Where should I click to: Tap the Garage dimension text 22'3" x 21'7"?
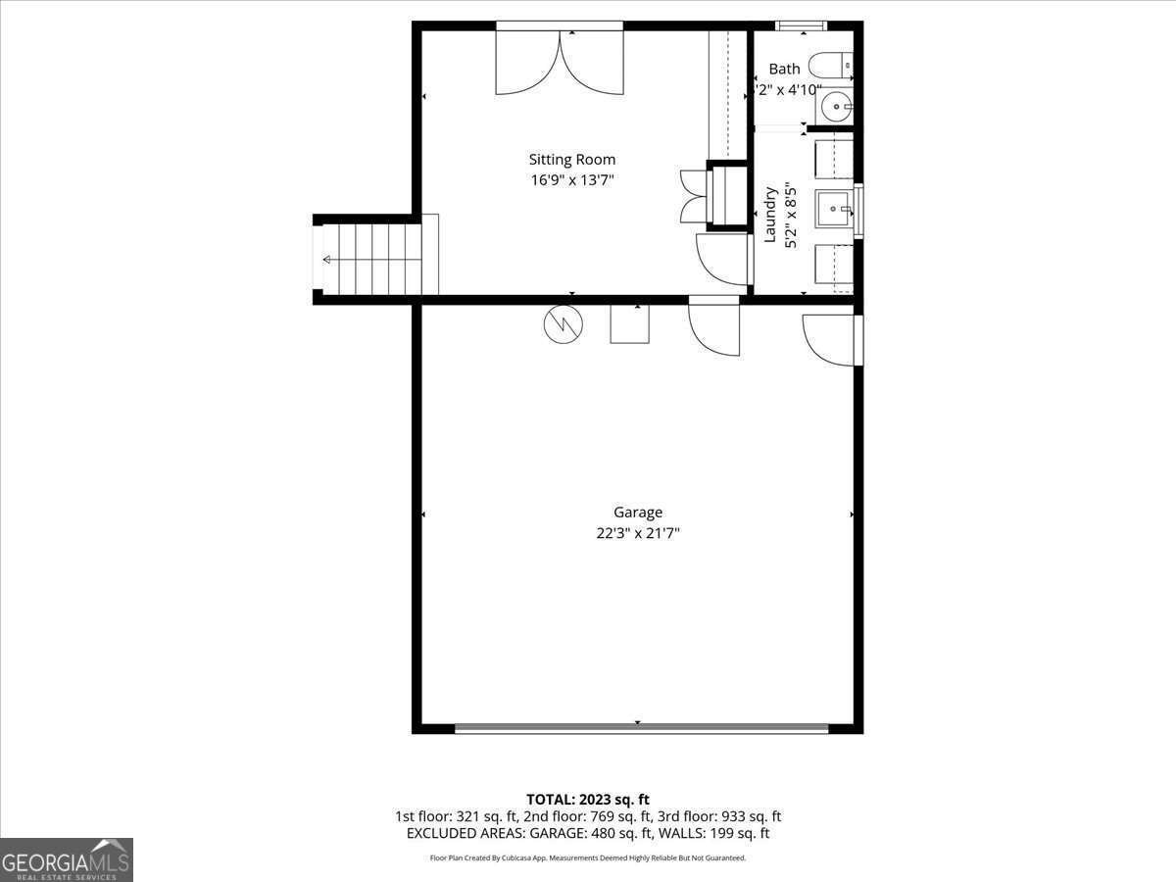pos(638,533)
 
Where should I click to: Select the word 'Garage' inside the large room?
pos(638,512)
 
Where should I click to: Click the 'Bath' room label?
pos(784,69)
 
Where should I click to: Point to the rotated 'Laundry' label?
pos(771,215)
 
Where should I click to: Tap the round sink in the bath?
pos(836,107)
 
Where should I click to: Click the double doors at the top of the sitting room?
pos(560,61)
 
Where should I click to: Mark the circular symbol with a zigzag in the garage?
pos(563,325)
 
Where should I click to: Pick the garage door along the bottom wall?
pos(642,728)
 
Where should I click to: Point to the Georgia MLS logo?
pos(67,859)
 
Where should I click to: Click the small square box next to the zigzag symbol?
pos(629,323)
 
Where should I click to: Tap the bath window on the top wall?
pos(801,25)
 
